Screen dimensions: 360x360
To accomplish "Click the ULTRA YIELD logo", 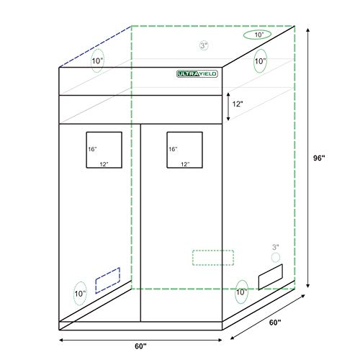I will click(x=199, y=72).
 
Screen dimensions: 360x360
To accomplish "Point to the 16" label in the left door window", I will click(x=92, y=149).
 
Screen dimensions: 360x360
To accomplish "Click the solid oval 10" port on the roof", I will click(x=257, y=35).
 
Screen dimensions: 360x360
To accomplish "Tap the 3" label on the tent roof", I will click(x=204, y=45).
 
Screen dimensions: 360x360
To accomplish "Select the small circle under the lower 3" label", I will click(x=274, y=257).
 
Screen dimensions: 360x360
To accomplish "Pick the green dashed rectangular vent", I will click(x=213, y=256).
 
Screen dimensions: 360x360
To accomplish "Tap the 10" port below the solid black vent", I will click(x=241, y=292).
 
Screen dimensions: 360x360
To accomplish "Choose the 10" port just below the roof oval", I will click(x=259, y=62).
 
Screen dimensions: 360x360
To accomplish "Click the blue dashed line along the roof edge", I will click(x=94, y=45).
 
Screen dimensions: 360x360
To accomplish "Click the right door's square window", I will click(x=184, y=149).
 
